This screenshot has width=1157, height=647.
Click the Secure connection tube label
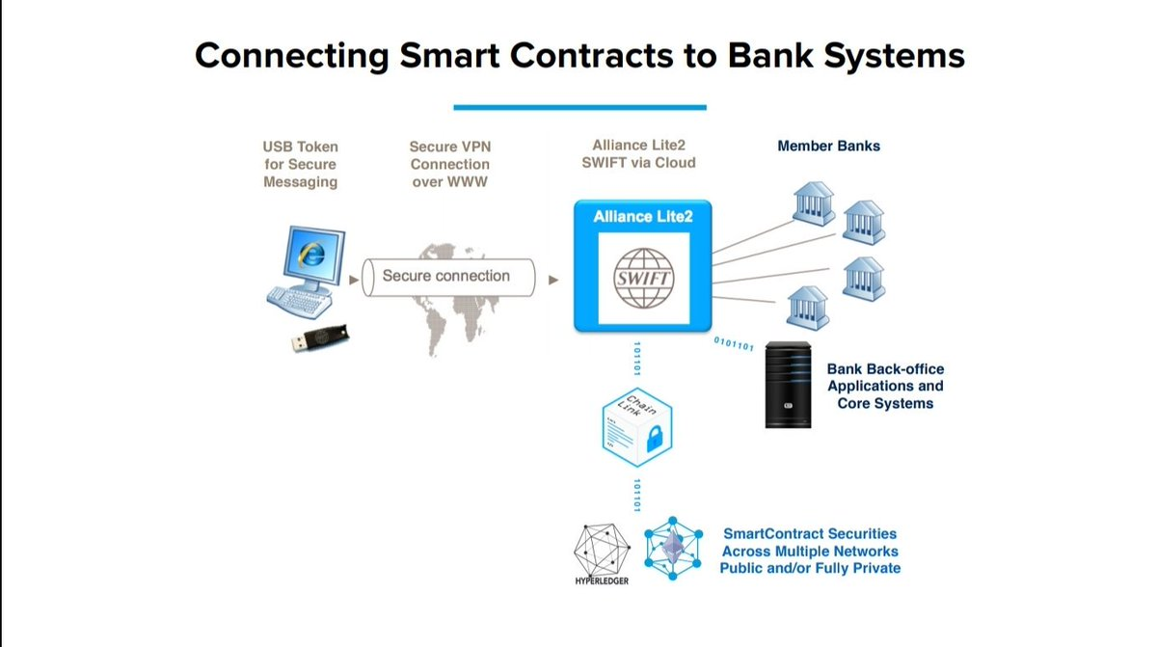(x=445, y=276)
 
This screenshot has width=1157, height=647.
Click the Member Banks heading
(x=828, y=147)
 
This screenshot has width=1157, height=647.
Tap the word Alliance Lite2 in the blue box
(x=643, y=216)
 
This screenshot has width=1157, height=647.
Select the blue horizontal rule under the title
(x=579, y=107)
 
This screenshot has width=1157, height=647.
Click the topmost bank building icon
(x=812, y=201)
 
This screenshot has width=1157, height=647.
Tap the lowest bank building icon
(x=807, y=308)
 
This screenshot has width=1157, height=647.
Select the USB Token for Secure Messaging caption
(x=301, y=164)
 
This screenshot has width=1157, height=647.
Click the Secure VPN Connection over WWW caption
(x=449, y=164)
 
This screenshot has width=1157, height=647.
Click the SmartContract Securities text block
(x=810, y=551)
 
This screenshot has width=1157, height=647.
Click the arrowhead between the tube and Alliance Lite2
(x=553, y=281)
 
